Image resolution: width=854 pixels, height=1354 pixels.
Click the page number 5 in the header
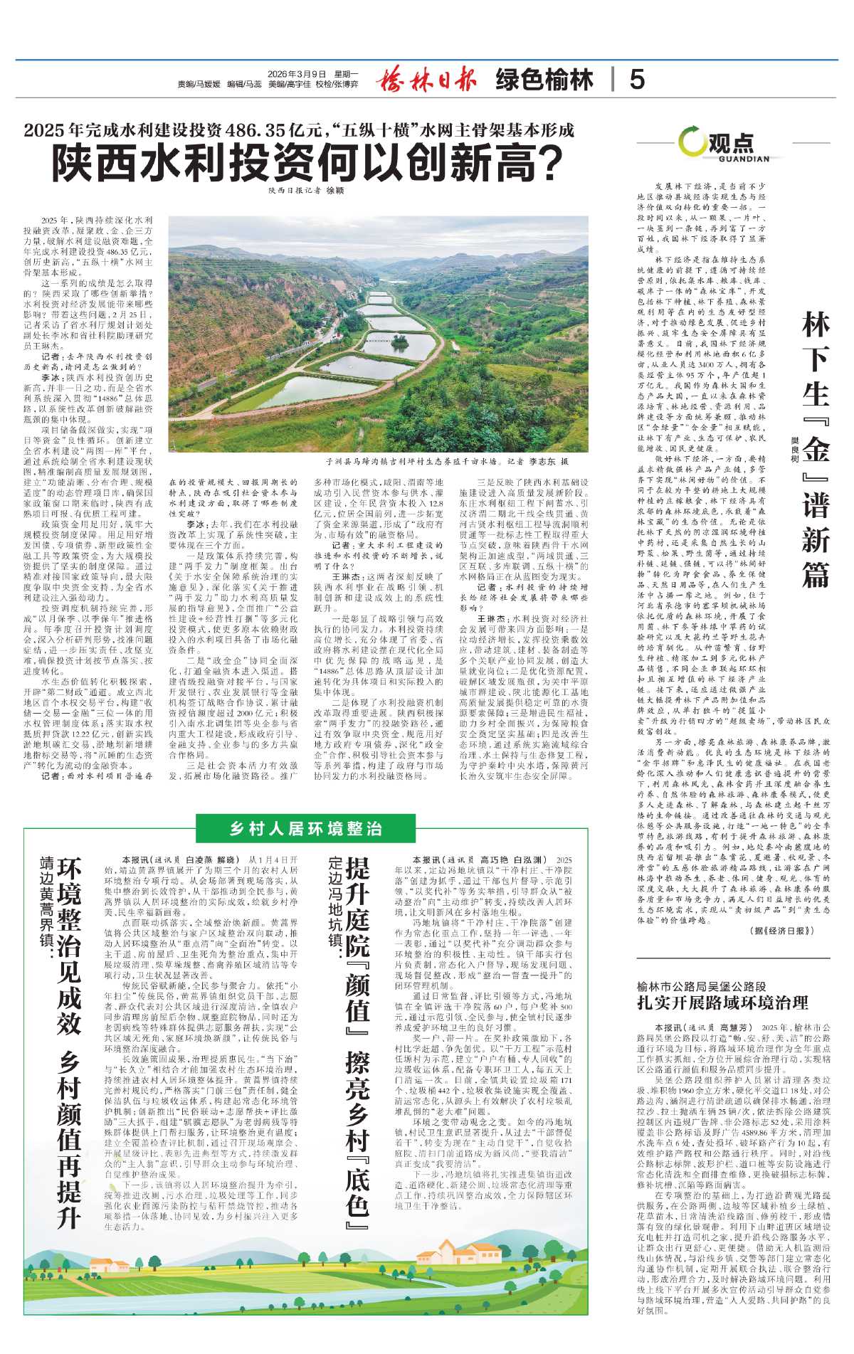coord(637,79)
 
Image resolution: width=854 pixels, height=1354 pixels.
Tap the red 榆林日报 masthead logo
coord(426,79)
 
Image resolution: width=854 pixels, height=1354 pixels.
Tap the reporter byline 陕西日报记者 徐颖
coord(307,191)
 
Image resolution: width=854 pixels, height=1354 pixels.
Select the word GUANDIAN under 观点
coord(744,159)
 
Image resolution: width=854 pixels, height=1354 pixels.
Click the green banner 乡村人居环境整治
coord(306,828)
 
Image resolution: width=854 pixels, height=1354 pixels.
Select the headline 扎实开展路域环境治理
coord(722,1003)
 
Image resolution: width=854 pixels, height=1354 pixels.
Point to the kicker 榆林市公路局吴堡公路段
coord(702,987)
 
